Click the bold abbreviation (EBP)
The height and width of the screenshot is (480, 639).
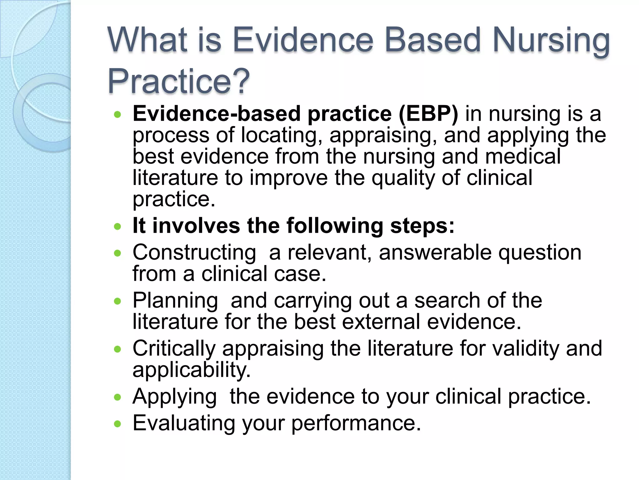[428, 114]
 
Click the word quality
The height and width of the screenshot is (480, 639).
[403, 178]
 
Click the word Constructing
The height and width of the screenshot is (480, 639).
[194, 252]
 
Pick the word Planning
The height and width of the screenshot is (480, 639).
[175, 301]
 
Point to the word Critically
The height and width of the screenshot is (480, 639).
[174, 348]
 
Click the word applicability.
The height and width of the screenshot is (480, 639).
[191, 370]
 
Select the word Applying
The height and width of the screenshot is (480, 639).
[174, 397]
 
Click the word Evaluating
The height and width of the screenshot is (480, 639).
[184, 423]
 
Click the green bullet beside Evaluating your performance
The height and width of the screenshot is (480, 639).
[117, 424]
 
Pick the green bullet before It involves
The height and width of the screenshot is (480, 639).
[117, 226]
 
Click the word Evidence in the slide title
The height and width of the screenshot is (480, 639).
[303, 41]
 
